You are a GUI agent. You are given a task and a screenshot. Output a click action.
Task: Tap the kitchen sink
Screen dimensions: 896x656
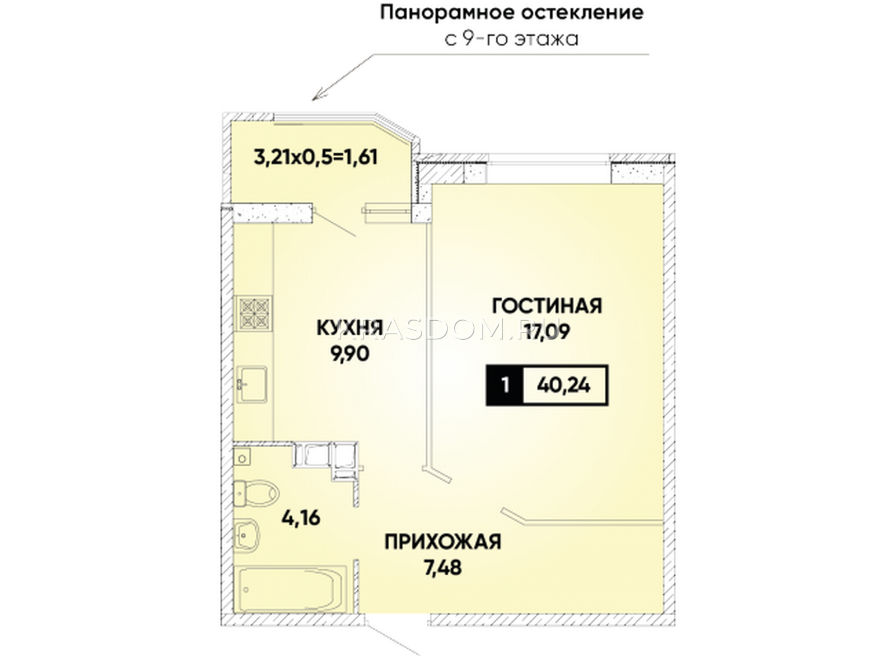[253, 384]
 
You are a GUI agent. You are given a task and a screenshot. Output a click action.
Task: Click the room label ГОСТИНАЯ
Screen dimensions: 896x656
[547, 306]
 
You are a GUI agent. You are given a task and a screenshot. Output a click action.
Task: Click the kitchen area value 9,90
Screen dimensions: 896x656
[349, 354]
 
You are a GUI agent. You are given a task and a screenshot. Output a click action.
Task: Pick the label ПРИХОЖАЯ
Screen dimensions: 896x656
[443, 542]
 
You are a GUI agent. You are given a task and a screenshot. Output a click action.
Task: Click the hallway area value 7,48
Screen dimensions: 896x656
[443, 568]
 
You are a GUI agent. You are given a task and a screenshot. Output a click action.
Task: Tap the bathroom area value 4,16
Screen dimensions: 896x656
[301, 518]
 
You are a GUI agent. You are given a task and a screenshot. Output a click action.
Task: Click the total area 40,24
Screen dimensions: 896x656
[564, 386]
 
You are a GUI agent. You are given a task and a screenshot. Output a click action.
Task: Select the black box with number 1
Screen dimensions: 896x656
[505, 386]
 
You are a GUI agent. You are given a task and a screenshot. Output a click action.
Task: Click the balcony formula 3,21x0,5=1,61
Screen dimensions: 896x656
[316, 157]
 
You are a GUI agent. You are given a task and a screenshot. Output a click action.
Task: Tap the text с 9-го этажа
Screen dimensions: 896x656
[512, 40]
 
